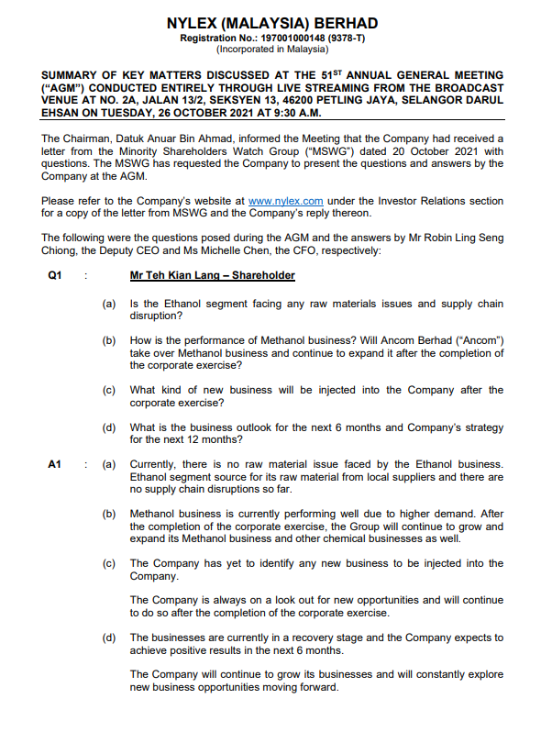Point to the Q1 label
54,275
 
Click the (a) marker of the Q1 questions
109,304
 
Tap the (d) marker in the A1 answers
109,637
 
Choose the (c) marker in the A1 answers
109,562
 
